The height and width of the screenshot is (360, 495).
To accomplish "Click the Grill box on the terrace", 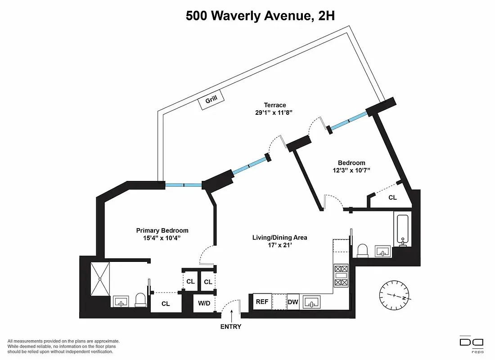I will pyautogui.click(x=211, y=101).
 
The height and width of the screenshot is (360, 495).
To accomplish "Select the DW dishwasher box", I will pyautogui.click(x=293, y=302).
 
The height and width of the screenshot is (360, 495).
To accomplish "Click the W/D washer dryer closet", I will pyautogui.click(x=204, y=303).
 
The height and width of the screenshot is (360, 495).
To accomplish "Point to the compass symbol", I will pyautogui.click(x=394, y=296).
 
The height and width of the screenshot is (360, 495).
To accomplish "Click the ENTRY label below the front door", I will pyautogui.click(x=231, y=327).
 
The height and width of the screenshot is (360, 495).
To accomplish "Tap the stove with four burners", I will pyautogui.click(x=340, y=275).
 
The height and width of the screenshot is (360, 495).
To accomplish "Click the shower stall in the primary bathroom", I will pyautogui.click(x=100, y=279).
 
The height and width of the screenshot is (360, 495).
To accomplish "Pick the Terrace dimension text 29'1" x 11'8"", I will pyautogui.click(x=274, y=113).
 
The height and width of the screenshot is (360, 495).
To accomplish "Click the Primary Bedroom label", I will pyautogui.click(x=162, y=230).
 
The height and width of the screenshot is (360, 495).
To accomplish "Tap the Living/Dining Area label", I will pyautogui.click(x=279, y=237).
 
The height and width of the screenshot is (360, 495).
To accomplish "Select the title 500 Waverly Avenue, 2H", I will pyautogui.click(x=261, y=16).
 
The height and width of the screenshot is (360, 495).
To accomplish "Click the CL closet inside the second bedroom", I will pyautogui.click(x=392, y=198).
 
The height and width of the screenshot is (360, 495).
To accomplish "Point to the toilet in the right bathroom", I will pyautogui.click(x=363, y=251).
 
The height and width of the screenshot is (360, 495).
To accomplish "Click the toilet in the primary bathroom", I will pyautogui.click(x=141, y=300).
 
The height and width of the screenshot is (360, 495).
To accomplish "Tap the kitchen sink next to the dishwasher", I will pyautogui.click(x=311, y=302).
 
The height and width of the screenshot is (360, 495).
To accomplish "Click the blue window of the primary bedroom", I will pyautogui.click(x=184, y=184).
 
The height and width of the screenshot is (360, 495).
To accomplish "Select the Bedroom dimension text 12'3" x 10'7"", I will pyautogui.click(x=351, y=171).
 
